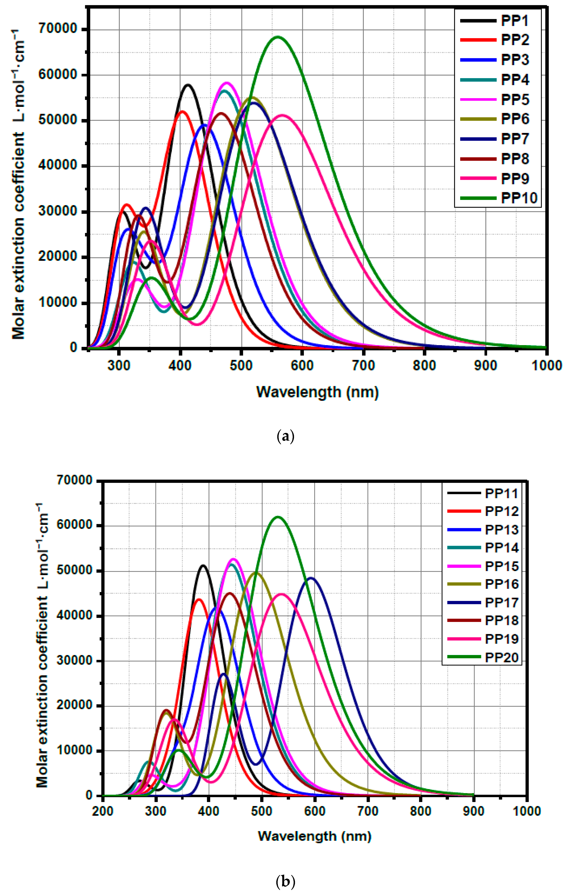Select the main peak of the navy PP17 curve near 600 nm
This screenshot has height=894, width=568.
(x=311, y=578)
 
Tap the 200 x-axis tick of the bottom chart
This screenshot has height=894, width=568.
(x=103, y=811)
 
